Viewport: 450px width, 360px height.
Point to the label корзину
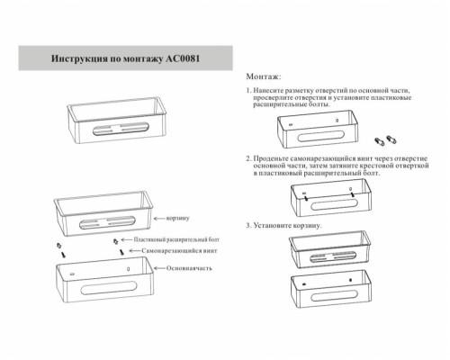176,219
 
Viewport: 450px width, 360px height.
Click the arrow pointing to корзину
158,219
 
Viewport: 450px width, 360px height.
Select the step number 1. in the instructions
248,92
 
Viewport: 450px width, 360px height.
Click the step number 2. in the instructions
248,157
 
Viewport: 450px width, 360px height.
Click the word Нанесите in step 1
274,92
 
